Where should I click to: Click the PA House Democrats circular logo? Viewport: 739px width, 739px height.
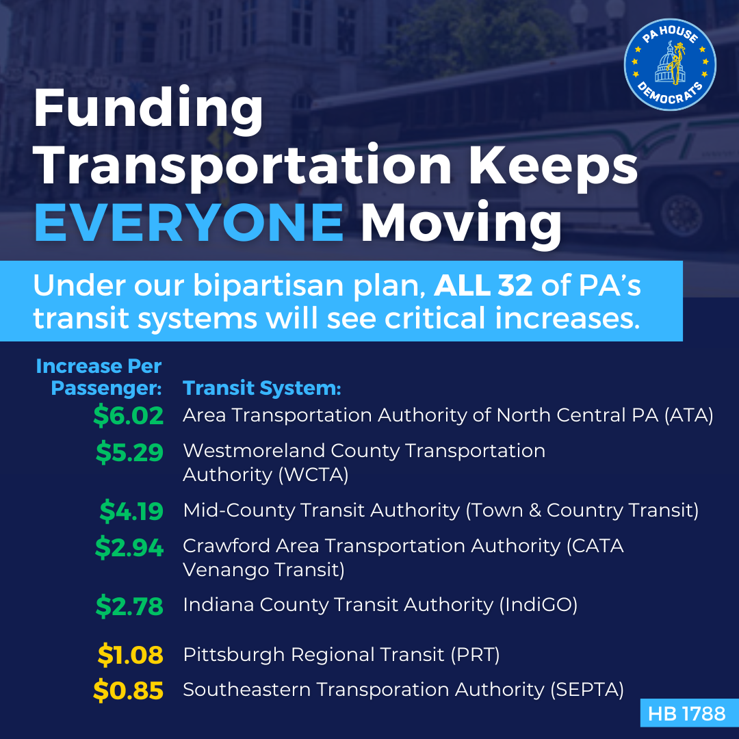(670, 64)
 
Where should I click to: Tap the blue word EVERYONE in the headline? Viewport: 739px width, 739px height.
(189, 222)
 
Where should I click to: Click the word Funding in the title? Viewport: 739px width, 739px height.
(148, 109)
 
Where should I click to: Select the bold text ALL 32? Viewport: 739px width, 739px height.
(483, 285)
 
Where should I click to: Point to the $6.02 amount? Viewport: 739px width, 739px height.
(128, 416)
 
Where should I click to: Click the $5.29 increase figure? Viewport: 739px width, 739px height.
(129, 452)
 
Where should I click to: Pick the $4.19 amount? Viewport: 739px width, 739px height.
(131, 511)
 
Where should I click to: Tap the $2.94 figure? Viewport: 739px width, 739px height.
(129, 547)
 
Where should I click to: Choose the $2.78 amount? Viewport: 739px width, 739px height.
(129, 606)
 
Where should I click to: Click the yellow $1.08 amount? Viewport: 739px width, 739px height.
(131, 655)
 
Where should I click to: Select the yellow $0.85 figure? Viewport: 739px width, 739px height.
(128, 690)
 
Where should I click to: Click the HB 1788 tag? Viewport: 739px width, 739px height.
(687, 714)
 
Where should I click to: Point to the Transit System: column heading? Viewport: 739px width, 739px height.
(261, 389)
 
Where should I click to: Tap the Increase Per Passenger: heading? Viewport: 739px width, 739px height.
(99, 377)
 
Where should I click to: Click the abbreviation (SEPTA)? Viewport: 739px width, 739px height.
(587, 690)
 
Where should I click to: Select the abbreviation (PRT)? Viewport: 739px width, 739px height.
(475, 655)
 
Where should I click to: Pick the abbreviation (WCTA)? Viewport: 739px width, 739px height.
(313, 475)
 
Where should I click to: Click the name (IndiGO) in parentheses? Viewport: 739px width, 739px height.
(539, 605)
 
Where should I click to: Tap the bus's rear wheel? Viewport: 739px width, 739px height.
(681, 215)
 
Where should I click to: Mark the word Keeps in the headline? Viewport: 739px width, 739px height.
(554, 166)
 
